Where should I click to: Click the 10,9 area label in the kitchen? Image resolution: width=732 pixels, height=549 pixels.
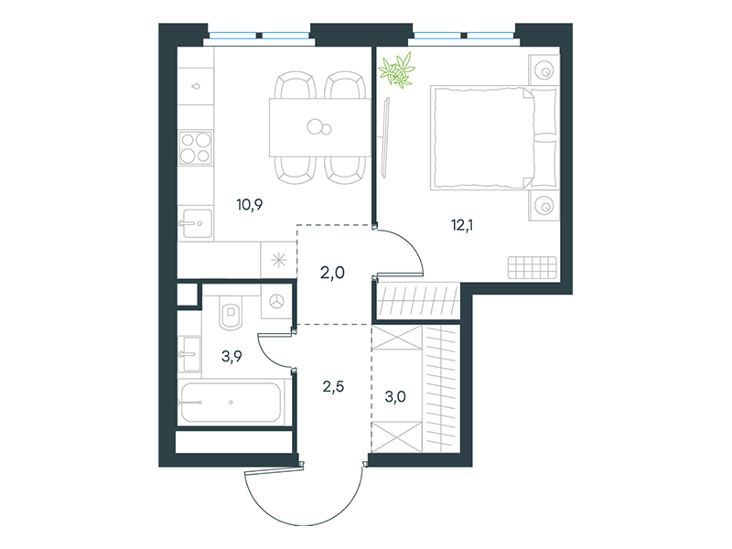(x=250, y=204)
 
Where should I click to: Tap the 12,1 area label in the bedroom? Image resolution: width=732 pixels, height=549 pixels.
(x=462, y=225)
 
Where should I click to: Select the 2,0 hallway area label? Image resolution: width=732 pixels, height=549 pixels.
(x=332, y=272)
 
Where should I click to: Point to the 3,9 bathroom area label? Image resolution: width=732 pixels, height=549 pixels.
(x=231, y=357)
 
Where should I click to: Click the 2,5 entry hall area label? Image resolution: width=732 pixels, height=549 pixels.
(x=333, y=386)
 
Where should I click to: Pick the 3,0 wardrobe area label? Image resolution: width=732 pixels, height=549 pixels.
(x=395, y=397)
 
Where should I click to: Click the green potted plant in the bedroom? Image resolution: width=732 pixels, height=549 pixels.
(x=397, y=70)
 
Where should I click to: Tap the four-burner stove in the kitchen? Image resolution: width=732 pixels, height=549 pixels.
(x=196, y=147)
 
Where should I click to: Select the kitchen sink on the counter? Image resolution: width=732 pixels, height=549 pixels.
(x=195, y=223)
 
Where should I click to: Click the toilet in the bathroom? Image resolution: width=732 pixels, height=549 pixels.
(x=231, y=312)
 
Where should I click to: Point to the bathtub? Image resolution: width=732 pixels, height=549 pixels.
(x=231, y=403)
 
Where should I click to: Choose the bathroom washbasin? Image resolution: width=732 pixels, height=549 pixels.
(x=189, y=354)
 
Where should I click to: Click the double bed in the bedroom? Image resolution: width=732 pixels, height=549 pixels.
(x=494, y=138)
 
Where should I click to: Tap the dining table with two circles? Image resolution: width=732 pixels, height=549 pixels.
(x=319, y=127)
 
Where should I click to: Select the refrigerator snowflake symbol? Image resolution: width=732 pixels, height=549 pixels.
(x=279, y=260)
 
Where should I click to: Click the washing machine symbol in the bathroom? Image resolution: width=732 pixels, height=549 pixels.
(x=277, y=302)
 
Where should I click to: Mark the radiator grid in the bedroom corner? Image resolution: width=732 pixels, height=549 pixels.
(x=533, y=267)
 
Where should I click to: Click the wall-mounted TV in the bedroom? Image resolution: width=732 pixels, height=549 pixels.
(x=385, y=137)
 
